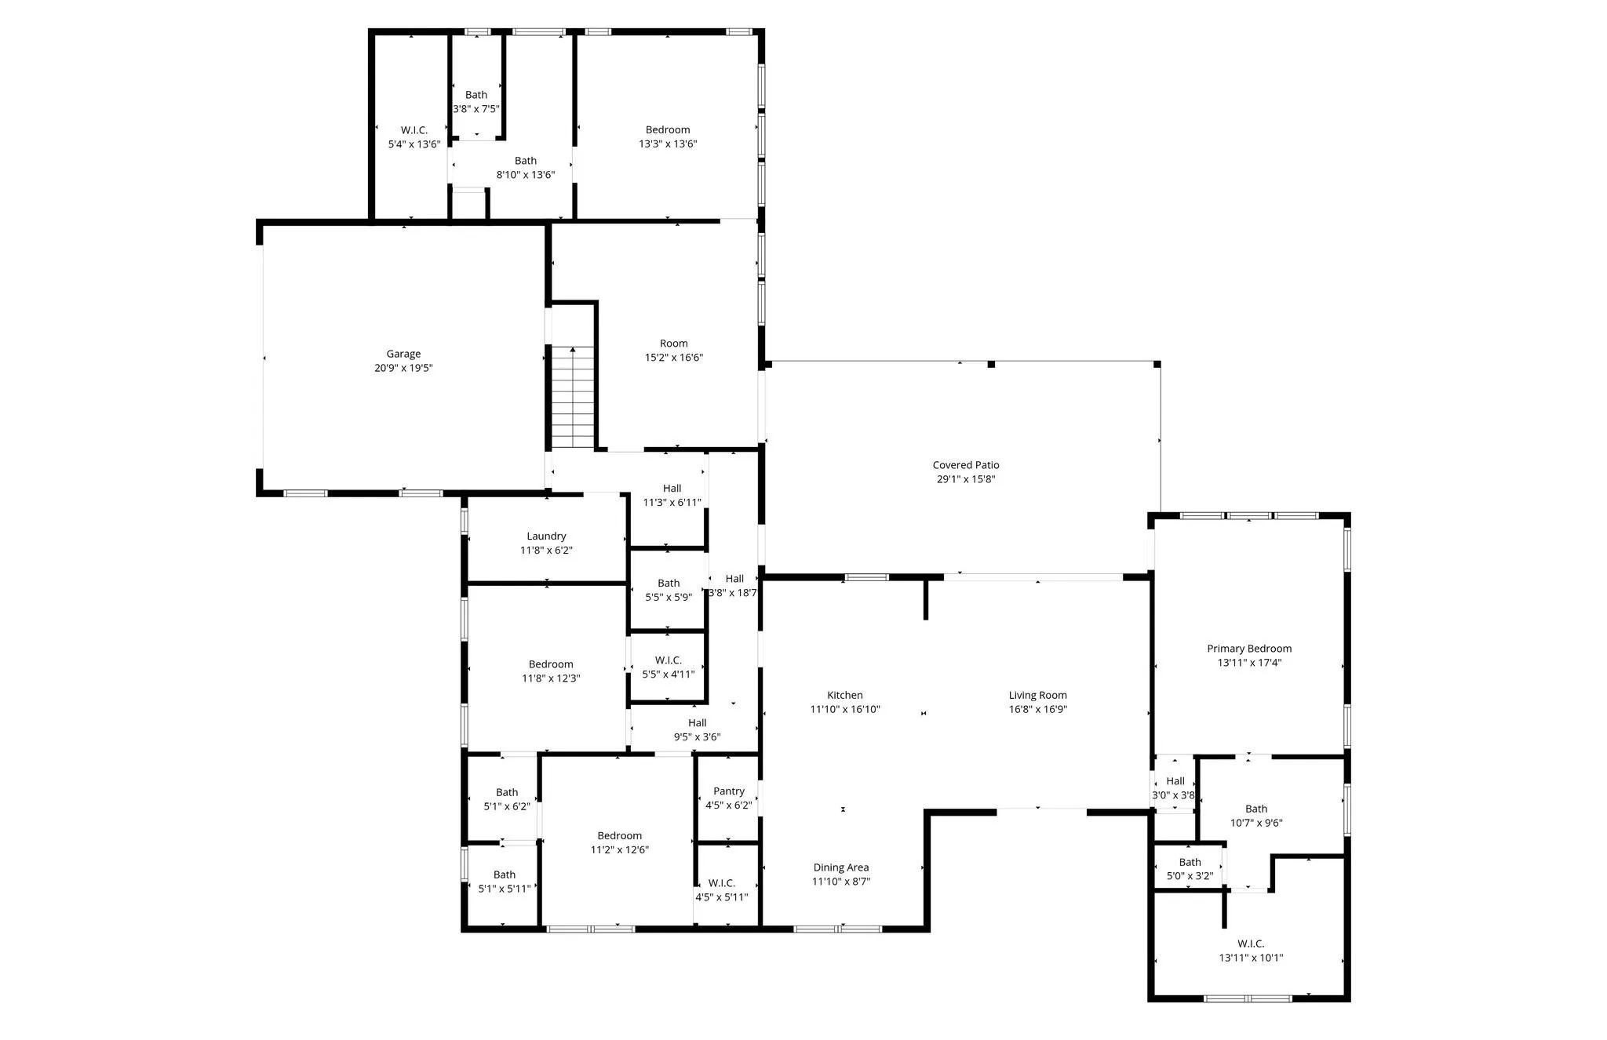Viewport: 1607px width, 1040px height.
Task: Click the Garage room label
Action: click(403, 354)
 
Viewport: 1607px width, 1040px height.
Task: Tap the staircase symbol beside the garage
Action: click(573, 398)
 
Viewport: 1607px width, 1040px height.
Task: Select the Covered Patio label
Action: click(966, 465)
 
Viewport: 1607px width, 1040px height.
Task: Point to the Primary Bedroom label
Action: click(1249, 649)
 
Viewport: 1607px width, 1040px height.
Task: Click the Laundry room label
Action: click(546, 536)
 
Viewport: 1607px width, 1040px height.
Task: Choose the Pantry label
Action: click(729, 791)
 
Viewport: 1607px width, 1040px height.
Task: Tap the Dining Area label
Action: click(841, 867)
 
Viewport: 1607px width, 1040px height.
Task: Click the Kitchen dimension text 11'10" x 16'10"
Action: click(845, 709)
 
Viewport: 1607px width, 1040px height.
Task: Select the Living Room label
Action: click(1038, 695)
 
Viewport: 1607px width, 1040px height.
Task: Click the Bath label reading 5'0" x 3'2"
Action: click(1190, 862)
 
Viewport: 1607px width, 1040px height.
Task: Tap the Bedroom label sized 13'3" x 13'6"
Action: click(668, 130)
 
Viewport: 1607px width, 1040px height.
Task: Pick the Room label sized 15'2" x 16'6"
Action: click(674, 344)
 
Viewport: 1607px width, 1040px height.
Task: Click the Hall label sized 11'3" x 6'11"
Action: click(672, 489)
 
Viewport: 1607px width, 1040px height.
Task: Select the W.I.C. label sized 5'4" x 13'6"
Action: click(414, 130)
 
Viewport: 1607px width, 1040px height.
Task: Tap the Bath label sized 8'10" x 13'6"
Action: click(526, 161)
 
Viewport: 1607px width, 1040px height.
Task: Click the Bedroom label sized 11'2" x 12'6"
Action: click(620, 836)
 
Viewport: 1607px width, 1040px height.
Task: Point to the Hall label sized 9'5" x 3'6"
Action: click(698, 723)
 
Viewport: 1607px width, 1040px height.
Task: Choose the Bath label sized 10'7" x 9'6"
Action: click(1256, 809)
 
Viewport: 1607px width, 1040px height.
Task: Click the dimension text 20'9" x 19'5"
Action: click(403, 368)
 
